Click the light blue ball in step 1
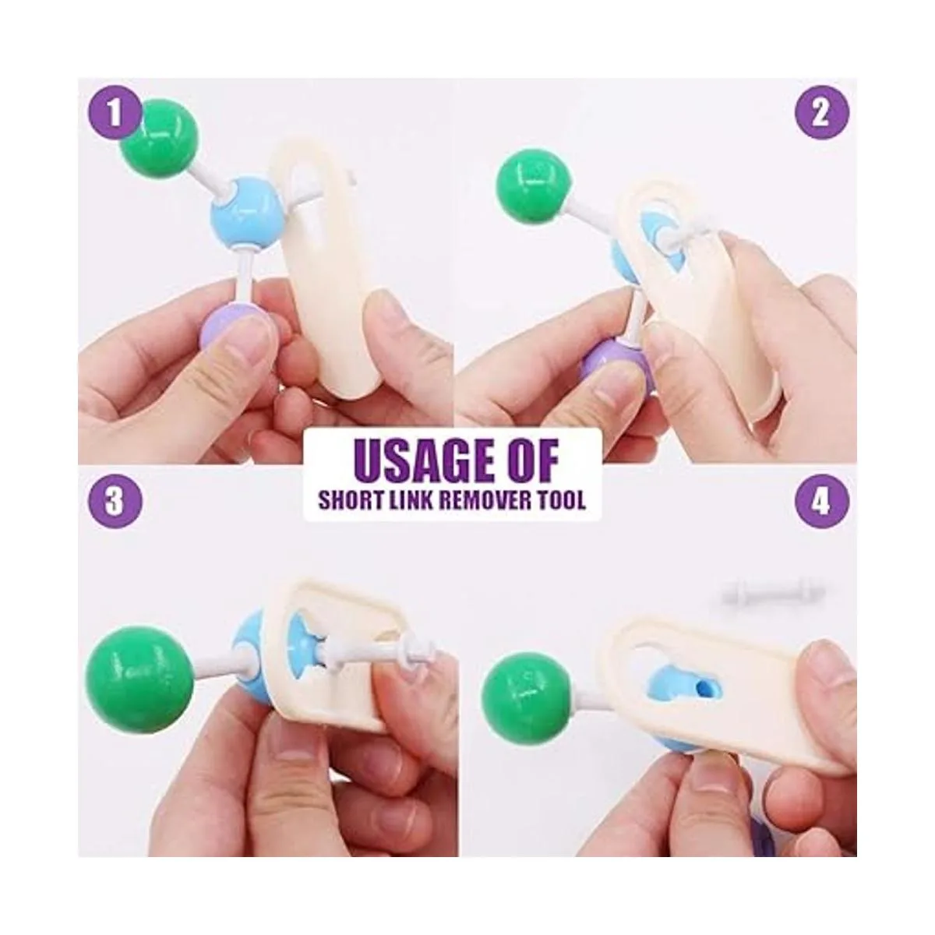point(247,214)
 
